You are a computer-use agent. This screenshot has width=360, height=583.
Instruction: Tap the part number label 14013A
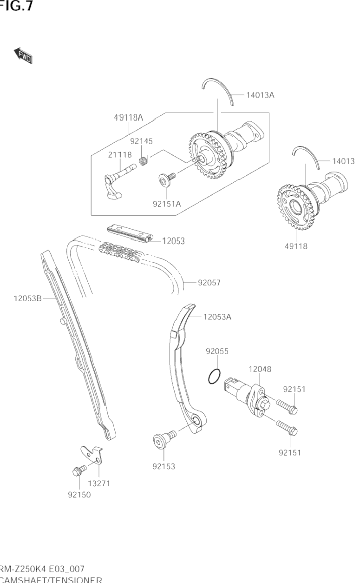[260, 95]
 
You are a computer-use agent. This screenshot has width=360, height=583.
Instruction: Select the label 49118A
[128, 118]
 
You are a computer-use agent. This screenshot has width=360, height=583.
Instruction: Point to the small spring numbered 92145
[144, 161]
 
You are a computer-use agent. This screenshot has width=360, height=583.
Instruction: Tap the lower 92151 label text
[290, 452]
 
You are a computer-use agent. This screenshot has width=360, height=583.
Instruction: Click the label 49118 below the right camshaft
[296, 246]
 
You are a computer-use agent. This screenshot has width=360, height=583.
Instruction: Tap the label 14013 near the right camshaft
[343, 161]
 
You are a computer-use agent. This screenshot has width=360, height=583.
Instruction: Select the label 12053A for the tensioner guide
[217, 317]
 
